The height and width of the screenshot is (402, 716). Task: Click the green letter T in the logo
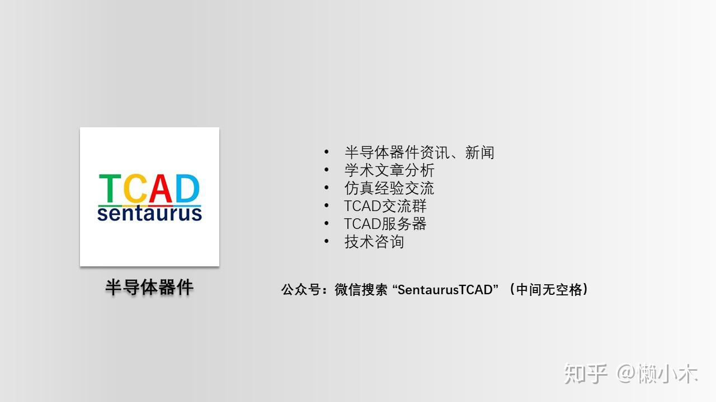(x=110, y=188)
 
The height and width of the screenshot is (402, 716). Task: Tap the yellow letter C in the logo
(x=135, y=188)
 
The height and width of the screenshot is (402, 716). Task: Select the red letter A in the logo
(x=161, y=188)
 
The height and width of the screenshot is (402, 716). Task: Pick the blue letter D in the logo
(x=187, y=188)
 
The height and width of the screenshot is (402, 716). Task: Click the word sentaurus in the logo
(x=149, y=213)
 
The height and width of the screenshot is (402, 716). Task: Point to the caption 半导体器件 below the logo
(x=149, y=287)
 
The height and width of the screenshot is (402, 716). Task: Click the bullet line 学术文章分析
(x=389, y=170)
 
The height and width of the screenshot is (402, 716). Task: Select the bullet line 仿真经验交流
(x=389, y=188)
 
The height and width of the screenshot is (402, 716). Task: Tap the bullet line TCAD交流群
(x=385, y=206)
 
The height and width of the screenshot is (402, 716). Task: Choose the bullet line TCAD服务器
(x=385, y=224)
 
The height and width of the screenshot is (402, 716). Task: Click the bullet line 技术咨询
(x=374, y=242)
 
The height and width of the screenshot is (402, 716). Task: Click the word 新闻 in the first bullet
(x=479, y=152)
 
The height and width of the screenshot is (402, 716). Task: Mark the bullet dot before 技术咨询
(x=326, y=241)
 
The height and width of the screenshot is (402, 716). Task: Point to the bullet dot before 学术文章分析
(x=326, y=170)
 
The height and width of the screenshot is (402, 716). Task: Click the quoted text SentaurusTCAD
(x=445, y=290)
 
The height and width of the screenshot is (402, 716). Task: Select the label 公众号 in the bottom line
(x=301, y=290)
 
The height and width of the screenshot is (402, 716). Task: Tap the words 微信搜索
(x=361, y=290)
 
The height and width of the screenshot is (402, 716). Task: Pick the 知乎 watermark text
(x=585, y=374)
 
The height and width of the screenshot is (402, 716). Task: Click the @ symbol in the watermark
(x=626, y=374)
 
